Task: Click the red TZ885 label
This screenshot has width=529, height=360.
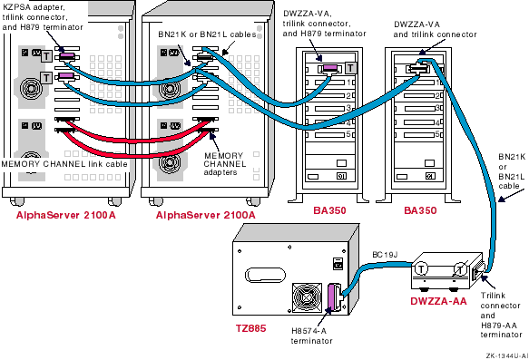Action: coord(250,328)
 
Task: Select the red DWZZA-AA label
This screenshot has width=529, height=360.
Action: coord(438,301)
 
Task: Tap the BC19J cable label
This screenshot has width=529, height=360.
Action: coord(385,255)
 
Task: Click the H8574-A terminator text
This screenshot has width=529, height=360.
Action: coord(312,336)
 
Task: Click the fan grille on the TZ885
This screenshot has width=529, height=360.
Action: coord(307,298)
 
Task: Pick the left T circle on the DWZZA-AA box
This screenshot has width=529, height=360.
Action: coord(421,269)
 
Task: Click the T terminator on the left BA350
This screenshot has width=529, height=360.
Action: coord(351,68)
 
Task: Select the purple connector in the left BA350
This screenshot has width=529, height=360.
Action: coord(330,68)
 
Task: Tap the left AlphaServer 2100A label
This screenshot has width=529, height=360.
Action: coord(66,215)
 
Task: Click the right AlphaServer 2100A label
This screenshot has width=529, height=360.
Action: coord(205,215)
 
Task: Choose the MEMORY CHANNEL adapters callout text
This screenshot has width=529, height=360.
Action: coord(225,164)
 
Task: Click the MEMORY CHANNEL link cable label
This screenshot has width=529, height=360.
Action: coord(64,164)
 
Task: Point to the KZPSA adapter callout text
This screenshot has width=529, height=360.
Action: coord(43,17)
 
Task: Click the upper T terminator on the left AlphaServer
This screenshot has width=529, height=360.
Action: coord(46,56)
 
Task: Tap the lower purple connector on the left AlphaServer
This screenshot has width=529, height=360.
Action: coord(66,76)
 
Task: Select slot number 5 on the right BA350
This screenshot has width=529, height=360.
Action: coord(437,134)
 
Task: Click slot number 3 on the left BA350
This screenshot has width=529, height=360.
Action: coord(348,108)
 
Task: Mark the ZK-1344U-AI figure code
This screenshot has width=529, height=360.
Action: coord(506,355)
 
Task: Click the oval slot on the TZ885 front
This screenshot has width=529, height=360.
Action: coord(265,275)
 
